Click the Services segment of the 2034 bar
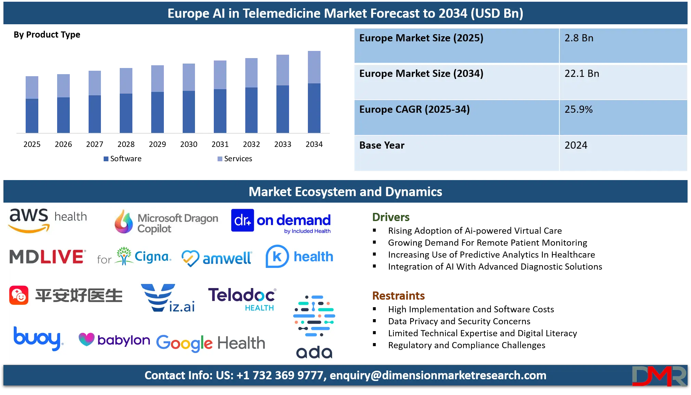point(314,67)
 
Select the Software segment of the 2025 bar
point(32,116)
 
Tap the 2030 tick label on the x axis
point(189,144)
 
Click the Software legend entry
point(122,159)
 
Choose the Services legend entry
point(235,159)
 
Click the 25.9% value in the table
point(578,109)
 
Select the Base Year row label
point(382,145)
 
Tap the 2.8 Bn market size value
point(579,38)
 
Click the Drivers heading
point(391,217)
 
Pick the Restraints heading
point(398,296)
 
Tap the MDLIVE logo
point(47,257)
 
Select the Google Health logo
point(211,343)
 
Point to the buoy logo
point(38,338)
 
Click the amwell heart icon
point(190,258)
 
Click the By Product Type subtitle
point(47,35)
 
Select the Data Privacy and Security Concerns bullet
point(459,321)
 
